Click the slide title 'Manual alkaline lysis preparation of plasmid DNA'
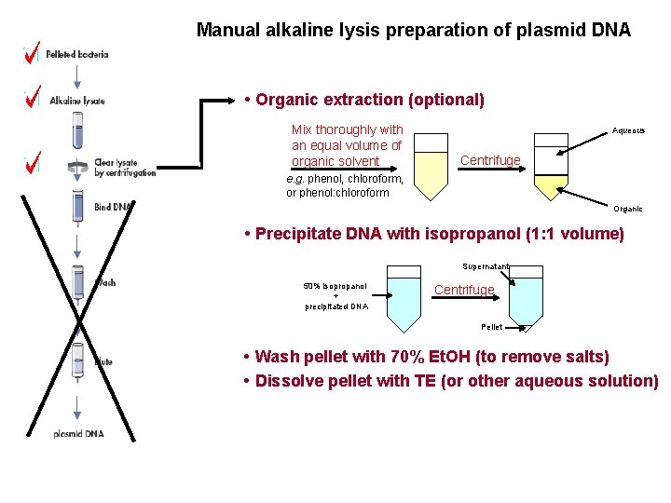click(413, 30)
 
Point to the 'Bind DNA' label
click(114, 207)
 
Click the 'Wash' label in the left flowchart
click(106, 282)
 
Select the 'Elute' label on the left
click(103, 361)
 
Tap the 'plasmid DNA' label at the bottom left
click(80, 434)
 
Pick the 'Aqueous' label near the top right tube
click(627, 130)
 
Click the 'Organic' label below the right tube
click(627, 209)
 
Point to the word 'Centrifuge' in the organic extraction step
click(490, 160)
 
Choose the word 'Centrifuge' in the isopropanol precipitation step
click(464, 290)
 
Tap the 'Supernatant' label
click(486, 266)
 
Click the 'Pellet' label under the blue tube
click(491, 327)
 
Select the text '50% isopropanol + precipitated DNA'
click(335, 295)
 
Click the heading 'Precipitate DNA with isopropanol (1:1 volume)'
click(432, 234)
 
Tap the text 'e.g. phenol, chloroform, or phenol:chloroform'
click(344, 185)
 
